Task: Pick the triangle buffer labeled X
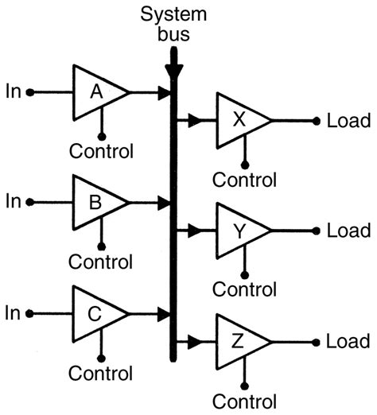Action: coord(239,121)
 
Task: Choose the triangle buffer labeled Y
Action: coord(239,231)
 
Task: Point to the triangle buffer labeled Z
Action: coord(239,341)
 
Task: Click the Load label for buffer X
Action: coord(348,121)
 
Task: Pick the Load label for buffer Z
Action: coord(348,341)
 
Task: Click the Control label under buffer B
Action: coord(101,261)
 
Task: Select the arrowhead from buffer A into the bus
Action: coord(165,93)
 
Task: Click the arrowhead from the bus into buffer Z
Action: coord(192,341)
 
